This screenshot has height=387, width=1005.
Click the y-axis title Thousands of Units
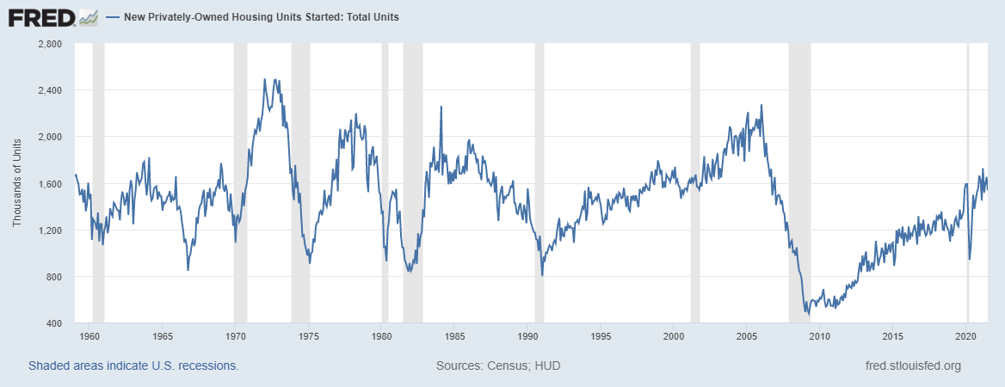(16, 183)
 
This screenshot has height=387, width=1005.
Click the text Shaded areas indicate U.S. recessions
(133, 365)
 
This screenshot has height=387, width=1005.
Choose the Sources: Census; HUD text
(498, 365)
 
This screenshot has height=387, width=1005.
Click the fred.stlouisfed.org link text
(913, 365)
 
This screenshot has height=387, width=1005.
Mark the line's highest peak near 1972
(264, 80)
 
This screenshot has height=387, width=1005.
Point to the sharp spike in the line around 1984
(441, 107)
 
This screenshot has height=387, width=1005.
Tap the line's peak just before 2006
(761, 106)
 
